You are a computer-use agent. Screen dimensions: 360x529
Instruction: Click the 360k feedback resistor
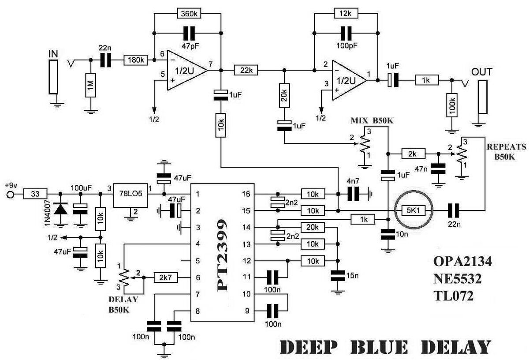(x=189, y=14)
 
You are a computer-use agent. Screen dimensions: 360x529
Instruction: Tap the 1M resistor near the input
(x=90, y=90)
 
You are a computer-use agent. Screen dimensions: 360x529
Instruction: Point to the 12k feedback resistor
(x=346, y=14)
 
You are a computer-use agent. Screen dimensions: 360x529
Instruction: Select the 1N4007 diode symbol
(x=60, y=208)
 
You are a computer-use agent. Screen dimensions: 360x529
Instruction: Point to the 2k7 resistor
(x=166, y=277)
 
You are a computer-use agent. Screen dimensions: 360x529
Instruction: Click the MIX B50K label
(x=371, y=120)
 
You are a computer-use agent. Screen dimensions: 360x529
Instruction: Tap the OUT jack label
(x=481, y=71)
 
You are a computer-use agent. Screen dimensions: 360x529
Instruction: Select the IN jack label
(x=53, y=54)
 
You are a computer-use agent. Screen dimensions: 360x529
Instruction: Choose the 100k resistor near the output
(x=451, y=105)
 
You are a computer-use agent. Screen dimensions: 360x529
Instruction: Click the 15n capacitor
(x=339, y=276)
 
